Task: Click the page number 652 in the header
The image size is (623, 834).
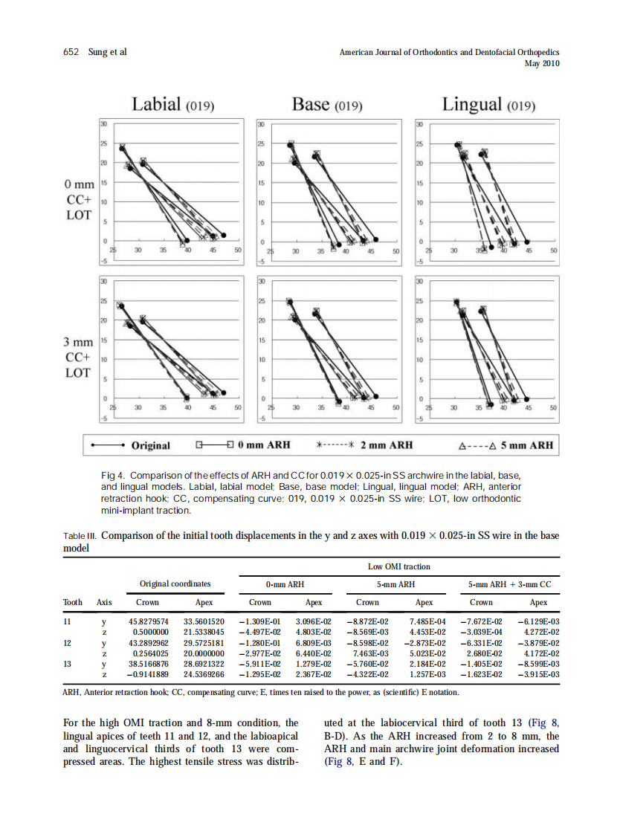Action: (x=71, y=52)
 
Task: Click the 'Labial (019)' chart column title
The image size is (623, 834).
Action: (x=173, y=105)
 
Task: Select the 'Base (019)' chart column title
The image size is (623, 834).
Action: (x=326, y=105)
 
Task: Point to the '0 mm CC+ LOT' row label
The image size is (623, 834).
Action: (x=79, y=199)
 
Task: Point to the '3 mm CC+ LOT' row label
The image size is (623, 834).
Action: (x=79, y=358)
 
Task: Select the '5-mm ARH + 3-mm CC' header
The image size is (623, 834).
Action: (x=509, y=584)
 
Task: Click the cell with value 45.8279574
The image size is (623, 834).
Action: (x=149, y=621)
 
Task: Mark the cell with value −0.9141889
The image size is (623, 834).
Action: (x=149, y=674)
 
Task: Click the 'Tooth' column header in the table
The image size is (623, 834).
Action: (x=74, y=602)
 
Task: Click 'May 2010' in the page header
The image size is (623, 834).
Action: (x=542, y=64)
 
